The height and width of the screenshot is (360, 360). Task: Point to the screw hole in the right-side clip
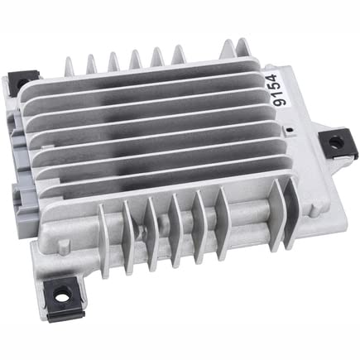[335, 142]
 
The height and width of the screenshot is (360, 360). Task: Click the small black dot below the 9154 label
[289, 129]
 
